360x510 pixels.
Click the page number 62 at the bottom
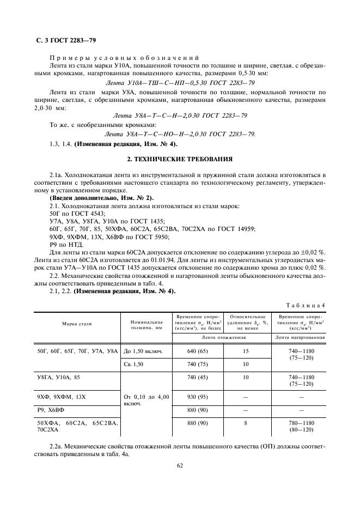[x=179, y=465]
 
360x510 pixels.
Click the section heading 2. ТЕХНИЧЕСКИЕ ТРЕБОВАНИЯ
[x=179, y=160]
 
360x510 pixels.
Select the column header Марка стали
[x=77, y=324]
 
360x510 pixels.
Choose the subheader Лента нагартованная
[x=300, y=337]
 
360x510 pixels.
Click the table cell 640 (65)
[x=194, y=351]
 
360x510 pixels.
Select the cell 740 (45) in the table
[x=194, y=377]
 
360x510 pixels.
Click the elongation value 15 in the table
[x=246, y=351]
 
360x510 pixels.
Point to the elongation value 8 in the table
[x=246, y=423]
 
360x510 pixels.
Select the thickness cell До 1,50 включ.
[x=143, y=351]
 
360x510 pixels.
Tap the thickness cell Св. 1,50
[x=133, y=364]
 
